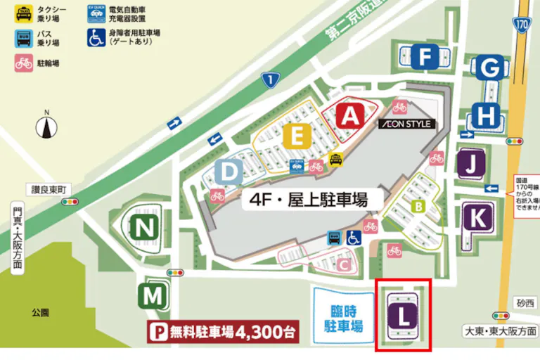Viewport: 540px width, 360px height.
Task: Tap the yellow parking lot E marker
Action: tap(298, 136)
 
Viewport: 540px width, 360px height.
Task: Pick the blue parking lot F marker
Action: tap(425, 56)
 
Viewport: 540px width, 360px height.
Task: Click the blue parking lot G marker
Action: tap(490, 68)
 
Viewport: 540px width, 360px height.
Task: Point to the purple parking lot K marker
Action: tap(477, 217)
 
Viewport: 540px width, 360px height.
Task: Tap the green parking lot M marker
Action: tap(153, 296)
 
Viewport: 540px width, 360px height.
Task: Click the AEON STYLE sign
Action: tap(406, 124)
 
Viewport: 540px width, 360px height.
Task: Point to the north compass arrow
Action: tap(48, 127)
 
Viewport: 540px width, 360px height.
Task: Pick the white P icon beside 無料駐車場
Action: tap(157, 330)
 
